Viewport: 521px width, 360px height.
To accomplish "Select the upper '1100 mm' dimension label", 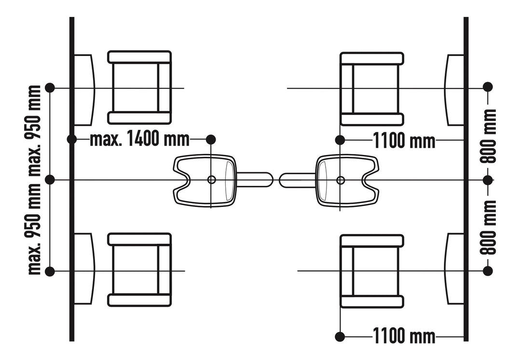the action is coord(404,140).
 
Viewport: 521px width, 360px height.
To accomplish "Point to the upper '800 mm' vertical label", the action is coord(488,136).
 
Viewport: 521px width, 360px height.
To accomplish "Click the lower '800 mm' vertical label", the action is coord(488,227).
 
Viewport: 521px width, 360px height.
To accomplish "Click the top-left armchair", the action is coord(139,87).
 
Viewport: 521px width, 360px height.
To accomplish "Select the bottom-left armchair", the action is coord(139,270).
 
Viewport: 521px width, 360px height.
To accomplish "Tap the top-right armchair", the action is coord(372,89).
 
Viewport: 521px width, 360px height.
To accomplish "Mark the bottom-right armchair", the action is coord(372,271).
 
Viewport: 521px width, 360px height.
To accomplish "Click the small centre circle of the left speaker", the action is coord(211,180).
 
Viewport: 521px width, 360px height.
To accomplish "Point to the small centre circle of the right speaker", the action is coord(340,180).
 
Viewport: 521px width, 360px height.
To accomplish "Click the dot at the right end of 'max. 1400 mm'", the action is coord(211,139).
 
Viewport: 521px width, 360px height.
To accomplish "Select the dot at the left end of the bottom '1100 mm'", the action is coord(340,337).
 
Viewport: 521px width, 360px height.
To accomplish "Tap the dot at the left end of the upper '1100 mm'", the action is coord(340,140).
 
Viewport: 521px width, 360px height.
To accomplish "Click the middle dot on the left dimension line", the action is coord(50,180).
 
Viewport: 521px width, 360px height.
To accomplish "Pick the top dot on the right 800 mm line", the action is coord(487,87).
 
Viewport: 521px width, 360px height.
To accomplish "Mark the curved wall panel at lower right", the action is coord(454,269).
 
